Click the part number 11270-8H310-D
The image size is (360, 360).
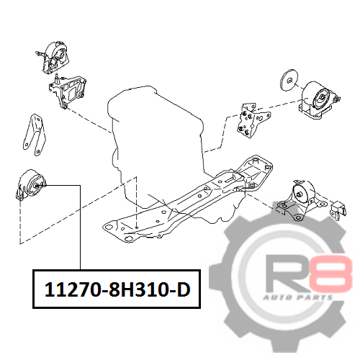tap(117, 289)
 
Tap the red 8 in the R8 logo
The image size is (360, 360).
tap(331, 274)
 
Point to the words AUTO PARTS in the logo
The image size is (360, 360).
tap(297, 298)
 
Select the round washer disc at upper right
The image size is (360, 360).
tap(289, 80)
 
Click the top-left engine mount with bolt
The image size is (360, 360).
tap(54, 58)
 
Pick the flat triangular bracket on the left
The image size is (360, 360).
tap(35, 135)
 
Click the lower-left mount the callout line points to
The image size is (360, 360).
tap(30, 185)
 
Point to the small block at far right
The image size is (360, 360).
tap(338, 210)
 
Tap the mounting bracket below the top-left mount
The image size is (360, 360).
tap(68, 91)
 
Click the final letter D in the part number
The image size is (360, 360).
tap(184, 289)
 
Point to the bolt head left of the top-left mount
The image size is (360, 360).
tap(38, 53)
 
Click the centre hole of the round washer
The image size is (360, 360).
tap(290, 80)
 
